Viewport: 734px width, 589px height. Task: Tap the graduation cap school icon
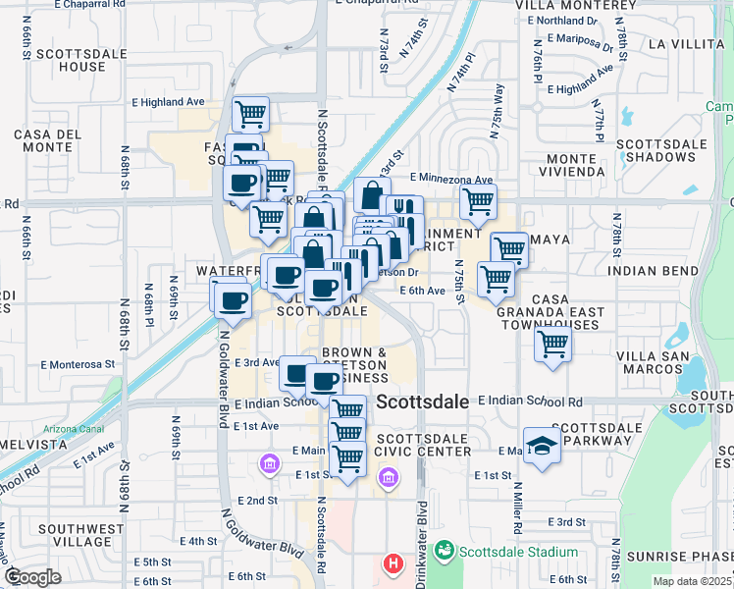tap(542, 445)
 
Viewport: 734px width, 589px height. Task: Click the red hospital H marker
tap(393, 564)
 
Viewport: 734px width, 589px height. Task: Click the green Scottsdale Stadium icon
tap(445, 552)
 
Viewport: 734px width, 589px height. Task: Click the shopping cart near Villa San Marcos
tap(553, 344)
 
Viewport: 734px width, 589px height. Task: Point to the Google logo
tap(32, 577)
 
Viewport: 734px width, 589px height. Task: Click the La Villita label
tap(683, 44)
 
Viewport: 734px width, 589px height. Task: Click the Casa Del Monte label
tap(46, 140)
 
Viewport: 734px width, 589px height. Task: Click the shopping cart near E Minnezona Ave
tap(478, 201)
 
